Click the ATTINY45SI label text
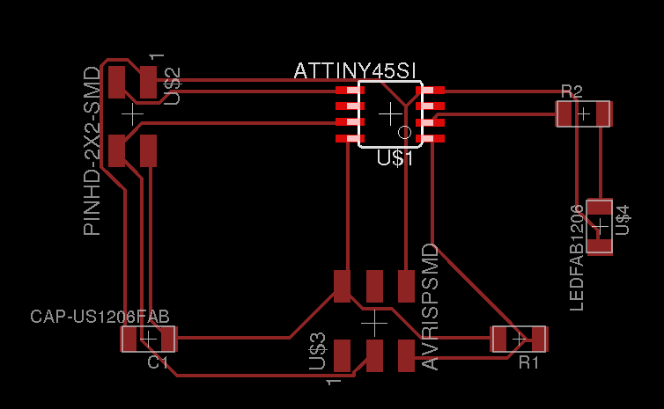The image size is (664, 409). [x=355, y=70]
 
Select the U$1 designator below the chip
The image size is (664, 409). [x=395, y=158]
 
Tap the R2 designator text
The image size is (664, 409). [x=572, y=91]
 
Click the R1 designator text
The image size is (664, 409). [x=528, y=362]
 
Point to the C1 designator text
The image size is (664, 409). [x=158, y=362]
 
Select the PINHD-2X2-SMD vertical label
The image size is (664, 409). [x=92, y=150]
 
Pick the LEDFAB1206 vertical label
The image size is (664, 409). [x=578, y=257]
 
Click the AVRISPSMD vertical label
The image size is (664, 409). [x=430, y=307]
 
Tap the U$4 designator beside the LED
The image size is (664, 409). [x=623, y=219]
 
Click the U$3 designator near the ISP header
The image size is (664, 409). [x=318, y=351]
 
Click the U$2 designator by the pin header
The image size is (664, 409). [x=173, y=85]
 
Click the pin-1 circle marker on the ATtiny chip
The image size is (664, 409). [x=405, y=132]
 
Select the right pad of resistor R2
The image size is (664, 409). [x=603, y=113]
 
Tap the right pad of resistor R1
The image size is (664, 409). [x=538, y=339]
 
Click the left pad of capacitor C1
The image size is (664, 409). [x=129, y=339]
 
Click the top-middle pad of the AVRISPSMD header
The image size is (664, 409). [x=374, y=285]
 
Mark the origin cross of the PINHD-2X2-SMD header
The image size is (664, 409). [x=132, y=114]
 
